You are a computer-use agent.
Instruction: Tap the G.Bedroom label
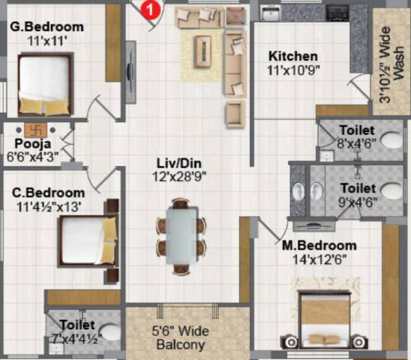click(x=47, y=27)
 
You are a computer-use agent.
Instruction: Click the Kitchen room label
click(x=293, y=56)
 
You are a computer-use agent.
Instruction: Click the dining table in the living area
click(x=181, y=236)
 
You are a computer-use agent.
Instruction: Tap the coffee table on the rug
click(x=203, y=51)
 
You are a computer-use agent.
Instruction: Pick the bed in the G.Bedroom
click(x=44, y=84)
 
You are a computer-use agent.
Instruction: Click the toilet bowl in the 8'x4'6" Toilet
click(x=390, y=141)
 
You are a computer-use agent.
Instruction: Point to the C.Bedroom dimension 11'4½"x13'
click(x=49, y=205)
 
